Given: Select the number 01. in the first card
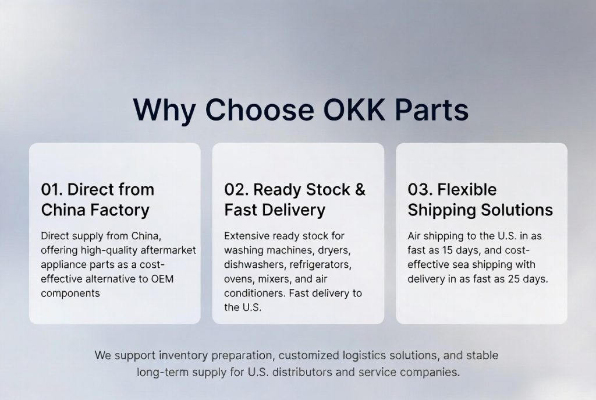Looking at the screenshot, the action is pyautogui.click(x=52, y=189).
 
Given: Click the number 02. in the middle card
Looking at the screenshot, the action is pyautogui.click(x=236, y=189).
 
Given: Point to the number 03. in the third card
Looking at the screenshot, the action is pyautogui.click(x=420, y=189).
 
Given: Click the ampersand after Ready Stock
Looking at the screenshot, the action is pyautogui.click(x=360, y=189).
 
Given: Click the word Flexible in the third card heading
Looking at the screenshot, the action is pyautogui.click(x=467, y=189).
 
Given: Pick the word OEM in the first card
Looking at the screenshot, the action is pyautogui.click(x=162, y=279).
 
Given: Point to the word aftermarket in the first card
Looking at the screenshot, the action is pyautogui.click(x=168, y=250).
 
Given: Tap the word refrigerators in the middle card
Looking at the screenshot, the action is pyautogui.click(x=321, y=265).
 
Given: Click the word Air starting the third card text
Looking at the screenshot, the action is pyautogui.click(x=414, y=236).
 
